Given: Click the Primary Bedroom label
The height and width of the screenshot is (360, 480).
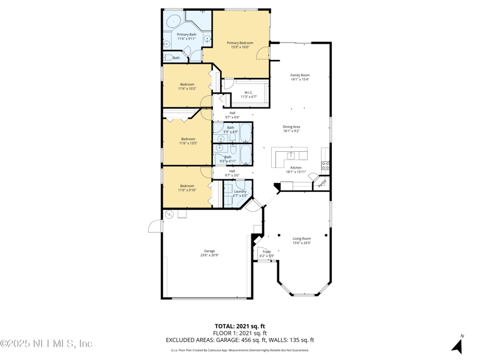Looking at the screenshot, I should [239, 45].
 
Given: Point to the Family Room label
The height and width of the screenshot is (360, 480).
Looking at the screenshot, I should [299, 77].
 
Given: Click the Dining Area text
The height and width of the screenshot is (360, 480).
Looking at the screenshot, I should [292, 128].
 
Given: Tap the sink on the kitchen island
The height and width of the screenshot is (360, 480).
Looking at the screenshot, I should [290, 155].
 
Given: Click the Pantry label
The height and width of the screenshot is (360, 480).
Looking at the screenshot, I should [321, 182].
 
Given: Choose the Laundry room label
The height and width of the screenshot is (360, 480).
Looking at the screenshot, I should [239, 193].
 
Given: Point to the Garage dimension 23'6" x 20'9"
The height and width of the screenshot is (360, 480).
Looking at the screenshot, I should [208, 255].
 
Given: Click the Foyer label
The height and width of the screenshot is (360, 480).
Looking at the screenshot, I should [266, 254].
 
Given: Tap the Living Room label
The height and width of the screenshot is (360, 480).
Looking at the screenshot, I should [301, 240].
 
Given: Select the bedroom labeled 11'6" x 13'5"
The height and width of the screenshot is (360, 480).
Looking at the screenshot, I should [188, 141].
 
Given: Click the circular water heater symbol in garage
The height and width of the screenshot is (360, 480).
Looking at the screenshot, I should [169, 214].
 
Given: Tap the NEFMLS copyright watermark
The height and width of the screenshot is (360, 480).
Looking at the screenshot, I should [46, 344].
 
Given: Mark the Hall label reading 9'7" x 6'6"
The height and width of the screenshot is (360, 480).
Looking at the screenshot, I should [232, 115].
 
